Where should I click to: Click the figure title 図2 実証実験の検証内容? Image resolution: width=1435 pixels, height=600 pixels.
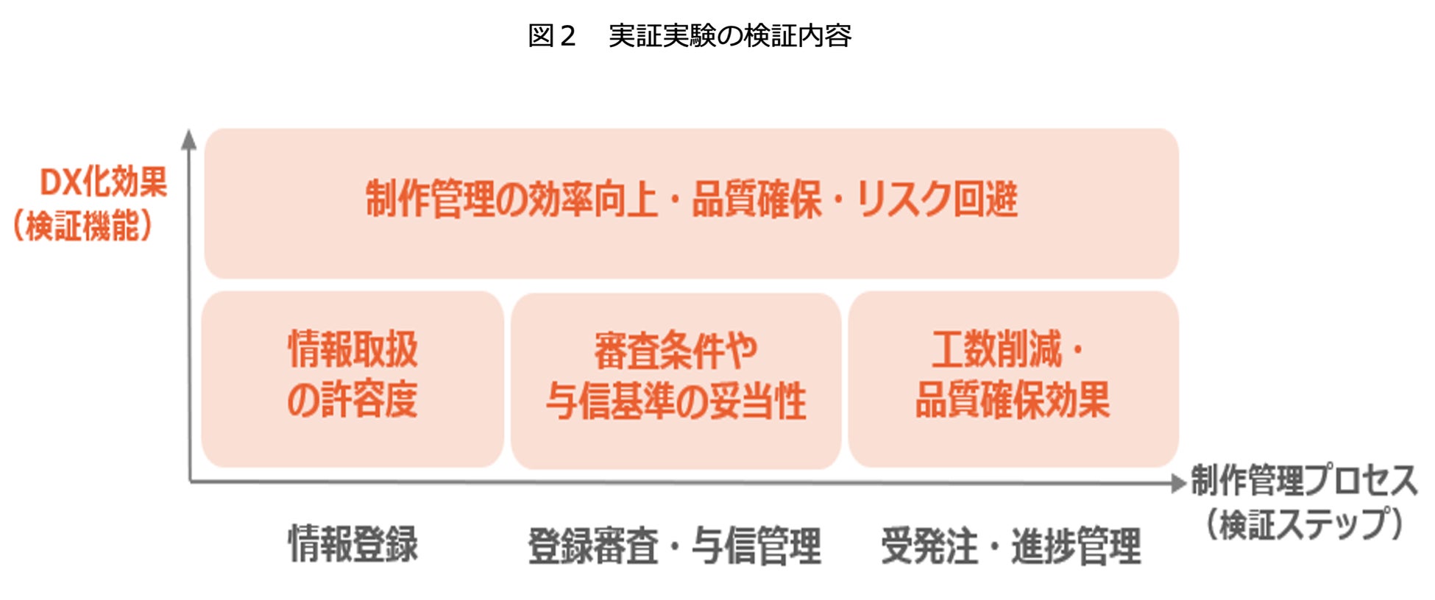pyautogui.click(x=690, y=35)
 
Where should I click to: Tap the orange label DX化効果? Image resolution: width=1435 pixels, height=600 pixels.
pyautogui.click(x=103, y=182)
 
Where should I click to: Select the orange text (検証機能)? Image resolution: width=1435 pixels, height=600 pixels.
pyautogui.click(x=82, y=226)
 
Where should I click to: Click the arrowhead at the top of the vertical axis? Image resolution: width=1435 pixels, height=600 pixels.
pyautogui.click(x=189, y=139)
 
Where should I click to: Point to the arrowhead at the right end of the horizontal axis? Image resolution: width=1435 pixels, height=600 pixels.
pyautogui.click(x=1178, y=483)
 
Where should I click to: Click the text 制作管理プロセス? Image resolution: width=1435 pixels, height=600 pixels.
pyautogui.click(x=1304, y=481)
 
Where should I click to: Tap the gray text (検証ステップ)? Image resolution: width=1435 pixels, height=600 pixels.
pyautogui.click(x=1303, y=524)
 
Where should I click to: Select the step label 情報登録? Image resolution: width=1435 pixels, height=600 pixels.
pyautogui.click(x=352, y=544)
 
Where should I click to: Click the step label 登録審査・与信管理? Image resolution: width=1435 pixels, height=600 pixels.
pyautogui.click(x=674, y=546)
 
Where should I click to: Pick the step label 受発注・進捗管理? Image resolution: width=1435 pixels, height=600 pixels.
pyautogui.click(x=1011, y=546)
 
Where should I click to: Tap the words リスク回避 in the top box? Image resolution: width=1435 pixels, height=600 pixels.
pyautogui.click(x=937, y=199)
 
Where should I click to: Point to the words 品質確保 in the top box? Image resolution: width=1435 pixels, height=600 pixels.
pyautogui.click(x=757, y=199)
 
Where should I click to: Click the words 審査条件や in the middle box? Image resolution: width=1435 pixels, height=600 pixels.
pyautogui.click(x=676, y=351)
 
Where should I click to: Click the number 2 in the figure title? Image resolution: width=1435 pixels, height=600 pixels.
pyautogui.click(x=566, y=35)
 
